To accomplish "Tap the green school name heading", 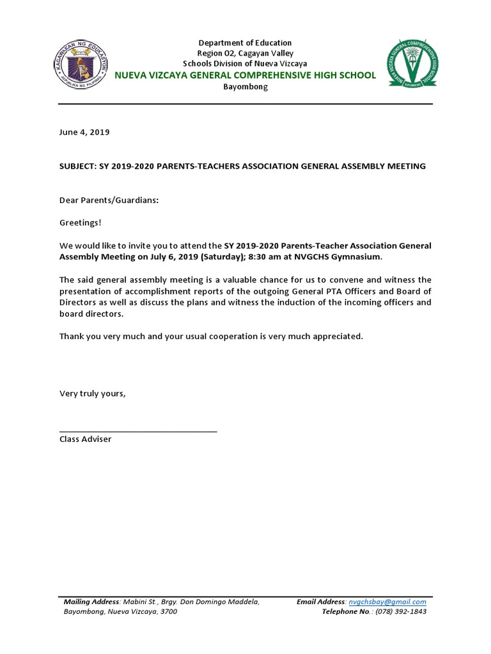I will point(245,75).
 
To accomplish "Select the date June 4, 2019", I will point(84,132).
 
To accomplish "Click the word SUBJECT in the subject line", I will point(77,166).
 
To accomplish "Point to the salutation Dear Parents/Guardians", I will point(109,201).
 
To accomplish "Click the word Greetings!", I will point(80,222).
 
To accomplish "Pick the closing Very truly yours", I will point(93,393).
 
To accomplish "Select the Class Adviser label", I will point(85,439).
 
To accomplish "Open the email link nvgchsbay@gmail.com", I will point(387,602).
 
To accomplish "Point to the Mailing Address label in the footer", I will point(91,602).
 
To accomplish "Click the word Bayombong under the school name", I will point(245,87).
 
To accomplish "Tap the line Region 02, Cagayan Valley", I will point(245,54).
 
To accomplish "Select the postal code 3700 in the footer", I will point(168,612).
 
